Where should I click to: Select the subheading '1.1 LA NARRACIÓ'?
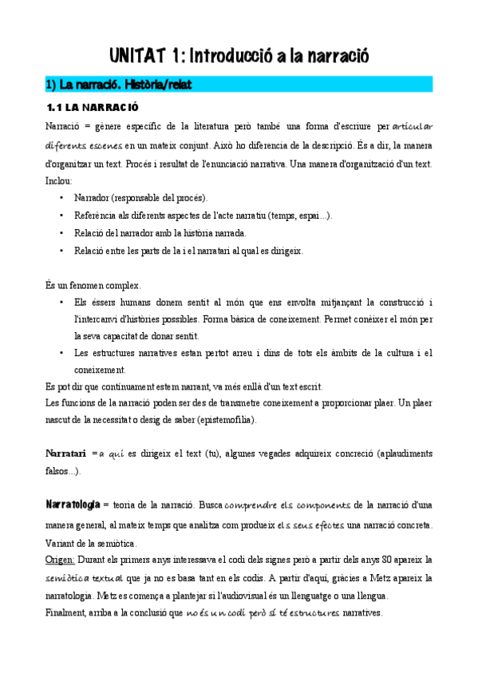pyautogui.click(x=93, y=106)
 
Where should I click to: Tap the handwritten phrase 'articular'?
pyautogui.click(x=413, y=125)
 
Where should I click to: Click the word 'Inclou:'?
pyautogui.click(x=59, y=181)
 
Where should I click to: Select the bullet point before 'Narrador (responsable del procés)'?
pyautogui.click(x=62, y=197)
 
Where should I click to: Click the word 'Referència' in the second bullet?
pyautogui.click(x=95, y=216)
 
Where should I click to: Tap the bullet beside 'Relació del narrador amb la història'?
pyautogui.click(x=62, y=233)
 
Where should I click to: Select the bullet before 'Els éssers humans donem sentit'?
pyautogui.click(x=62, y=303)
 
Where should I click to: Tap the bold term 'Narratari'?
pyautogui.click(x=65, y=453)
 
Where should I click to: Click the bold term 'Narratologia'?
pyautogui.click(x=73, y=505)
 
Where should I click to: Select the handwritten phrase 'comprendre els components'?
pyautogui.click(x=287, y=505)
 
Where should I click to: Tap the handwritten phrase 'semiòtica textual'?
pyautogui.click(x=84, y=577)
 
